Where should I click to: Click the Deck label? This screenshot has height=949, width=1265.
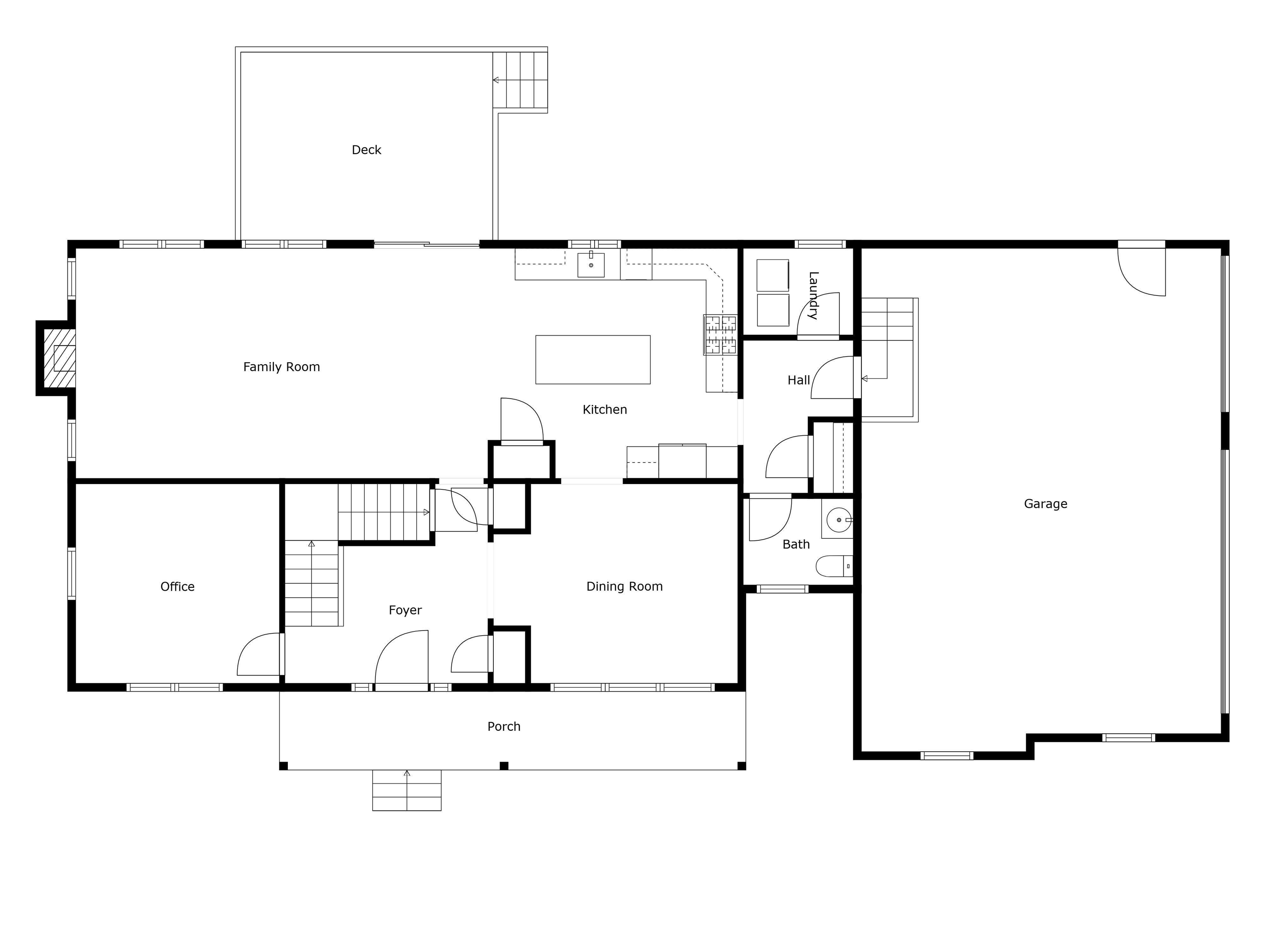click(x=366, y=150)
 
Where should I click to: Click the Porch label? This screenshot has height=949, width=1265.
click(x=504, y=727)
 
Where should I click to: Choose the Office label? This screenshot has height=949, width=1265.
click(x=177, y=587)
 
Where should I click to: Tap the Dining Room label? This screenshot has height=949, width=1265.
click(x=625, y=587)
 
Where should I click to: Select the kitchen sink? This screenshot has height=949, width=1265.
click(x=591, y=264)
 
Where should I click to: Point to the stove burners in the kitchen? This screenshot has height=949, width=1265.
click(x=721, y=334)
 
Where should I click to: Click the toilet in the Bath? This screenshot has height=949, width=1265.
click(x=834, y=566)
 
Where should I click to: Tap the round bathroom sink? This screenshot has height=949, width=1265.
click(x=839, y=520)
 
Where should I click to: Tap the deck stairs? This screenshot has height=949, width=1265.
click(x=520, y=80)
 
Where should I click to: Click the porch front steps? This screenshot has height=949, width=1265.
click(x=406, y=790)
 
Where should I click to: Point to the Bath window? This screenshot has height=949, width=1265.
click(x=782, y=589)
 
